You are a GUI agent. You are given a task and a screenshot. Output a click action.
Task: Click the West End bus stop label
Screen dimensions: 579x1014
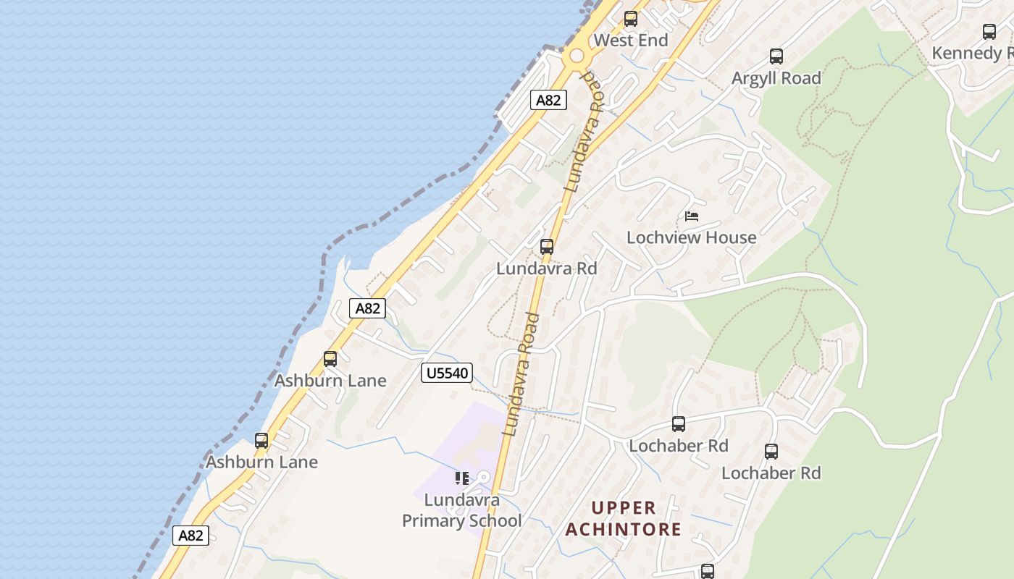tap(631, 41)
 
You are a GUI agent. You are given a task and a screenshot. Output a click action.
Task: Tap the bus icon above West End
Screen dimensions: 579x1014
tap(631, 19)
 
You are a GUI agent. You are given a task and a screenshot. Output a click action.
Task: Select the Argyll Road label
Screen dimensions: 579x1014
tap(776, 78)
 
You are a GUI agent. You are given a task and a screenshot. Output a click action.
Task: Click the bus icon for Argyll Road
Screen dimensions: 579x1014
tap(776, 56)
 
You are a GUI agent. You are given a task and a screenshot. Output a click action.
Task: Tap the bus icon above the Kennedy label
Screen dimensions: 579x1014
tap(989, 32)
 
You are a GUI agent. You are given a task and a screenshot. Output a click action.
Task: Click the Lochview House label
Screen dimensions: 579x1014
tap(691, 237)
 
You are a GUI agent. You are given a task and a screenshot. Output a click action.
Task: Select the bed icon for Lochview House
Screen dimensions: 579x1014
tap(692, 216)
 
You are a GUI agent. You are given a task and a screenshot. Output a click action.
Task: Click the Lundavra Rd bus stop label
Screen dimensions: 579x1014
tap(547, 269)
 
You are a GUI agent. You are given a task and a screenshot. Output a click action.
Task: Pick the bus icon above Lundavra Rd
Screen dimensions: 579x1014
tap(547, 247)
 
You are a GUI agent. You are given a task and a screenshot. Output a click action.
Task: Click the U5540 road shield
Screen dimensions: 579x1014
tap(447, 373)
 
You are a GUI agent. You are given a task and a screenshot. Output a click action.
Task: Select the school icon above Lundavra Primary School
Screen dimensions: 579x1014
tap(462, 478)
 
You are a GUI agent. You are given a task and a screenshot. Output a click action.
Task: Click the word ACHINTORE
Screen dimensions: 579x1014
tap(624, 529)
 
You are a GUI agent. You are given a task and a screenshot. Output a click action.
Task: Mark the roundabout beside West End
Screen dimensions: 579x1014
tap(577, 56)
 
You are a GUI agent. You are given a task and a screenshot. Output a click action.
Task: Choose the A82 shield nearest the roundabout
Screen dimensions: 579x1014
tap(548, 101)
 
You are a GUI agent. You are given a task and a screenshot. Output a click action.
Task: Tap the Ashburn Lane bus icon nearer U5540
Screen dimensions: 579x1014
tap(330, 359)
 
